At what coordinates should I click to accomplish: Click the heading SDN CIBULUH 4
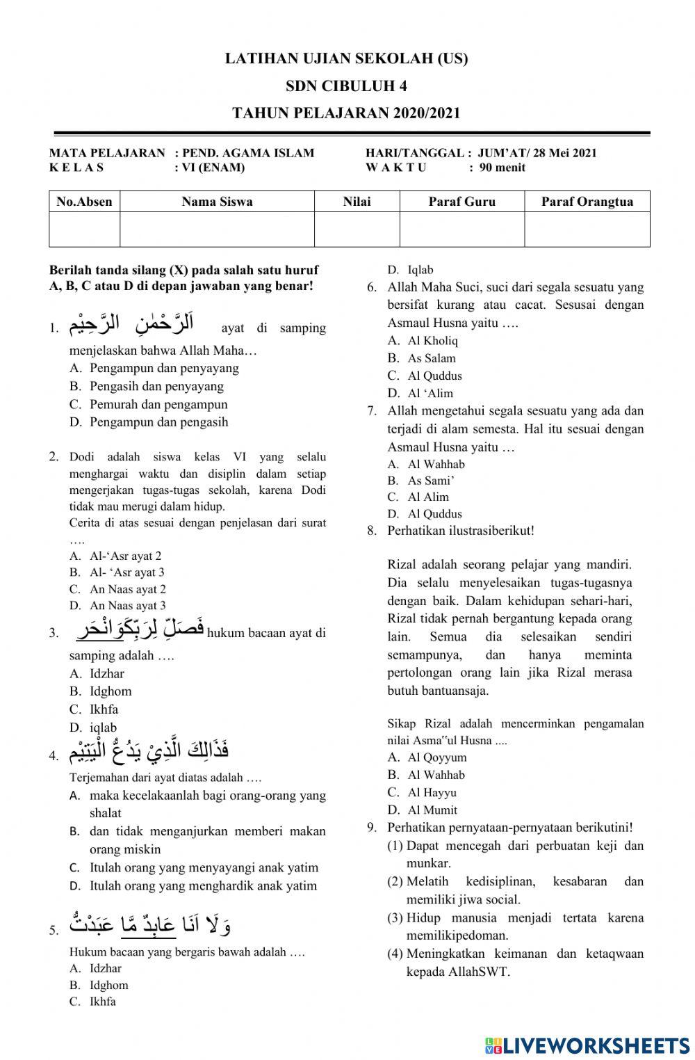tap(346, 86)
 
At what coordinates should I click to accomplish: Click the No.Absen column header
tap(84, 202)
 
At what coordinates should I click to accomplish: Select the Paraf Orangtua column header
tap(587, 202)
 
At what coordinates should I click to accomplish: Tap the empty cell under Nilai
tap(357, 230)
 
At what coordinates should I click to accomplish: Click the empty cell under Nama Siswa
tap(217, 230)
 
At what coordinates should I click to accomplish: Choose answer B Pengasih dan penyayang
tap(156, 386)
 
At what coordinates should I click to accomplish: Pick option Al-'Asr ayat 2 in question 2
tap(125, 556)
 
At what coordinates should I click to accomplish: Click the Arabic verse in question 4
tap(149, 752)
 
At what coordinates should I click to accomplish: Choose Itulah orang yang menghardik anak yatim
tap(203, 885)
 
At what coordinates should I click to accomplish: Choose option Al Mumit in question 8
tap(432, 810)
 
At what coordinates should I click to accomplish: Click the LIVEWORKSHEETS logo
tap(587, 1045)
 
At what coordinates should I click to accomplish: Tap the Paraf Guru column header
tap(462, 202)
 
